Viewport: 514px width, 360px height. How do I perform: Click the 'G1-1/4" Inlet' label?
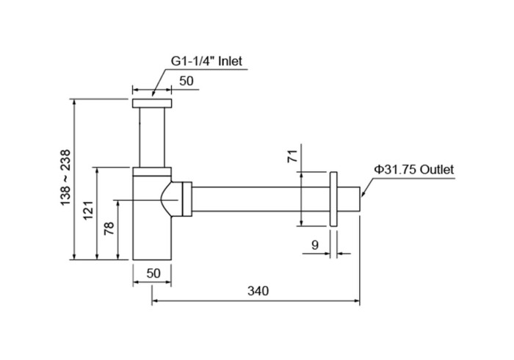pyautogui.click(x=210, y=62)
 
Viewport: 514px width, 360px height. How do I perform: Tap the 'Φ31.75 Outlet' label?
pyautogui.click(x=414, y=169)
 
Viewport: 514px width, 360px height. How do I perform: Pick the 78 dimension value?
pyautogui.click(x=109, y=229)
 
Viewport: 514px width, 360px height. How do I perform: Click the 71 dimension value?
pyautogui.click(x=292, y=156)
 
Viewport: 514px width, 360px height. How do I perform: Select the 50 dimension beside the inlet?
pyautogui.click(x=187, y=82)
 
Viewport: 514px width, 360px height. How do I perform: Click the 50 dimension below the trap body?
pyautogui.click(x=153, y=273)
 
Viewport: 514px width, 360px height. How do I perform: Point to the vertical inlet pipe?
pyautogui.click(x=152, y=137)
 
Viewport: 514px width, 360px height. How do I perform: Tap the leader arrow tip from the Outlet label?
pyautogui.click(x=361, y=197)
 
